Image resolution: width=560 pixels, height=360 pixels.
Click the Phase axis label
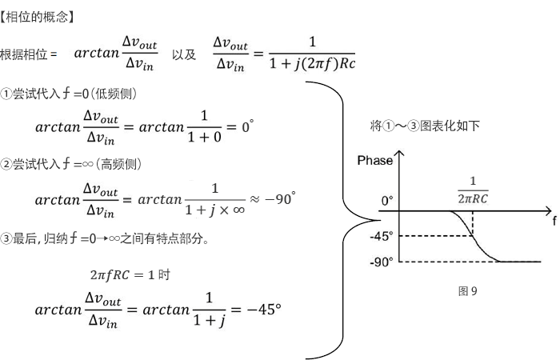pos(374,161)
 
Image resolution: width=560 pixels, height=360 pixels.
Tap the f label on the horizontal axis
pos(554,216)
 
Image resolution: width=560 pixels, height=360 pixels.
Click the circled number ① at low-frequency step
pos(6,94)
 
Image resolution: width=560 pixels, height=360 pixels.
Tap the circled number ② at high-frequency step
pos(6,164)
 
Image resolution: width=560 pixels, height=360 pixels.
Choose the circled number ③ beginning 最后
pos(6,238)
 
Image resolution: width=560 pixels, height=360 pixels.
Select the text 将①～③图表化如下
pos(425,126)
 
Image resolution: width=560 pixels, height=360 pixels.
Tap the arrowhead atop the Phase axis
pos(398,152)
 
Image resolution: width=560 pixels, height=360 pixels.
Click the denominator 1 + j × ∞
pos(214,210)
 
